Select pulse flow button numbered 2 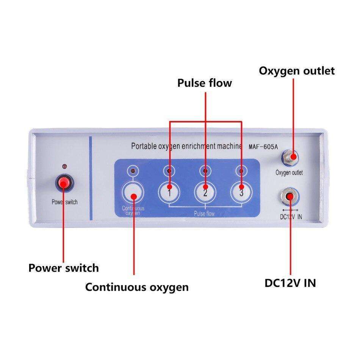click(205, 192)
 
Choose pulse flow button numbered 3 click(241, 192)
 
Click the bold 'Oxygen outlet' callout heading click(297, 71)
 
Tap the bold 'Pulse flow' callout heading click(204, 83)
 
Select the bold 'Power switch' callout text click(64, 268)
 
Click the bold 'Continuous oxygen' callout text click(136, 287)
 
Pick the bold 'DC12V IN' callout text click(290, 283)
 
